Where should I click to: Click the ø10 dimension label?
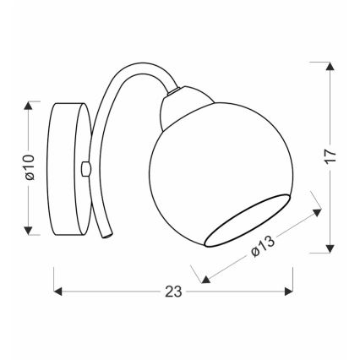pos(28,168)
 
